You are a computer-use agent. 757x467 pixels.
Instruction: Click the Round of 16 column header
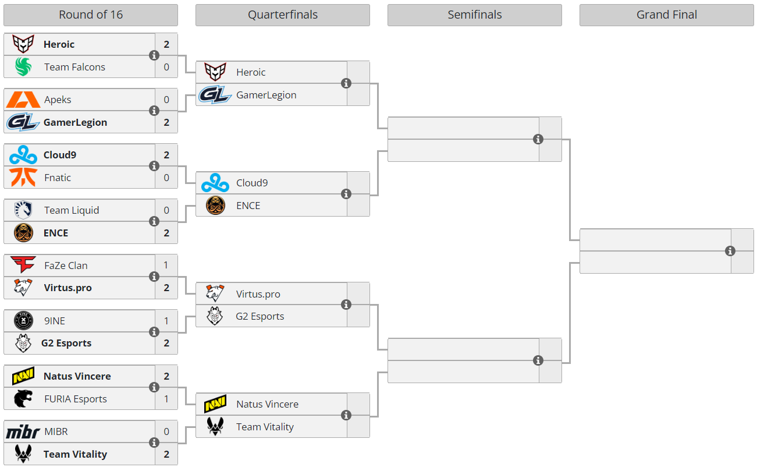click(x=91, y=15)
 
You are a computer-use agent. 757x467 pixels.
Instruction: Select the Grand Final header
click(x=666, y=15)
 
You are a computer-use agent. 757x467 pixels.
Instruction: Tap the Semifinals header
click(x=474, y=15)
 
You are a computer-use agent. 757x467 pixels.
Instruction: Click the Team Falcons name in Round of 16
click(x=74, y=67)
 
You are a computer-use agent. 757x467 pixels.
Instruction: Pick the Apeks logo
click(x=23, y=100)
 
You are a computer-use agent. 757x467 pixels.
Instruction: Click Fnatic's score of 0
click(x=166, y=178)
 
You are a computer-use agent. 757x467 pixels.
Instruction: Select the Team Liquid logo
click(x=23, y=210)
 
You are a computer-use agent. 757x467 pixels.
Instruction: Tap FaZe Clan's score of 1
click(x=166, y=266)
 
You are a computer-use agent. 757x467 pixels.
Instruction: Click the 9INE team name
click(x=55, y=321)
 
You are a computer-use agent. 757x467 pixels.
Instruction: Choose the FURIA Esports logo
click(x=23, y=399)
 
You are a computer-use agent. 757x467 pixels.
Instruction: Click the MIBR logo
click(x=23, y=432)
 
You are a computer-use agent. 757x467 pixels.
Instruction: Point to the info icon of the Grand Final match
click(x=730, y=251)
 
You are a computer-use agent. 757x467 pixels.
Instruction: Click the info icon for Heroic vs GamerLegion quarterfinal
click(x=346, y=83)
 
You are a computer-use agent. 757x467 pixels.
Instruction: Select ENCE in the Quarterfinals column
click(x=248, y=206)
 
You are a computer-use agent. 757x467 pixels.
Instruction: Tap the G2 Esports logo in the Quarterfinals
click(x=215, y=316)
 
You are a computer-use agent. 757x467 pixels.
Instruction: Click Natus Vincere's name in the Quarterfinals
click(x=267, y=404)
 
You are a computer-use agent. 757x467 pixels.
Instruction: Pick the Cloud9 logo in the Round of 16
click(x=23, y=155)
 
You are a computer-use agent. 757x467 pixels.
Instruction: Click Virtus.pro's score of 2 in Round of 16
click(x=166, y=288)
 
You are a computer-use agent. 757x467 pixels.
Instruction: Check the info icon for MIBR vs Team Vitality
click(x=154, y=443)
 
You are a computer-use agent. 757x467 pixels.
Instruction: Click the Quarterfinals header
click(x=283, y=15)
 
